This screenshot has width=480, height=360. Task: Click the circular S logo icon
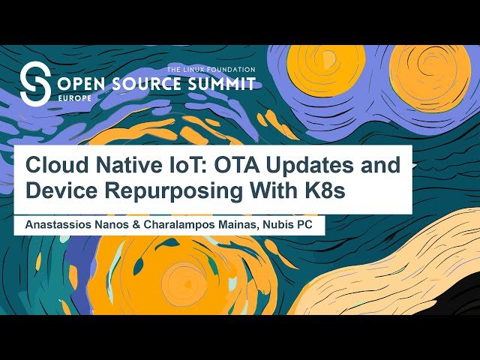pyautogui.click(x=35, y=83)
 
